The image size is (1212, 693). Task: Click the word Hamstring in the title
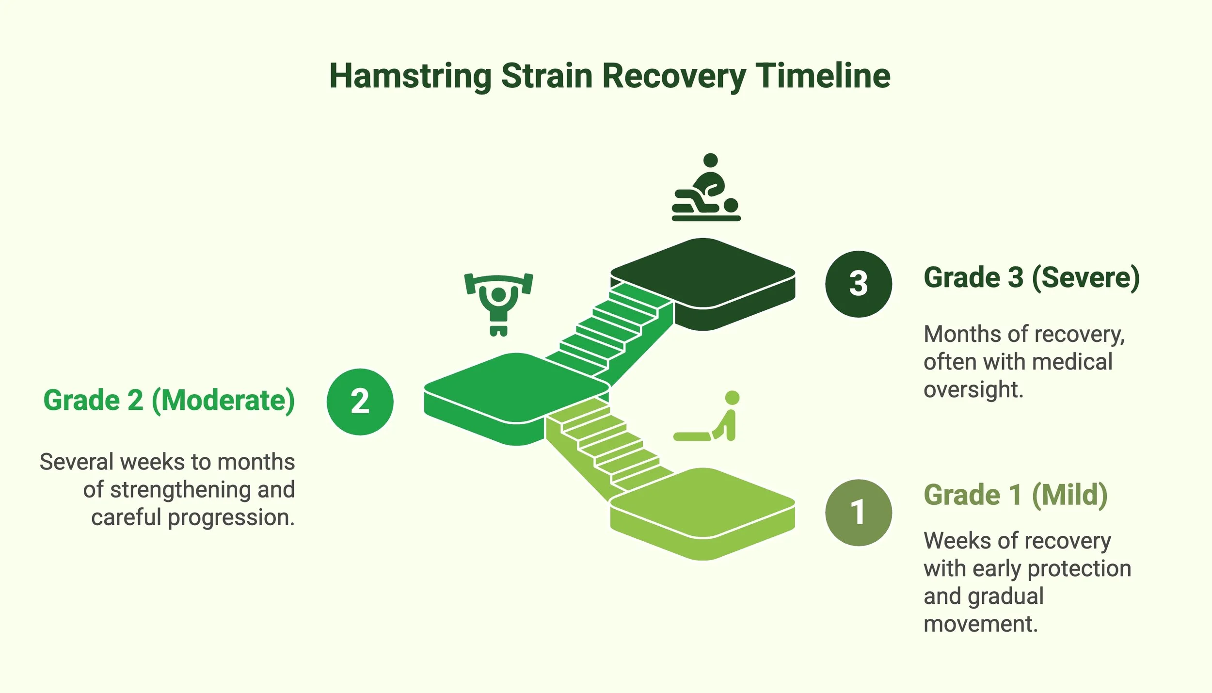(410, 77)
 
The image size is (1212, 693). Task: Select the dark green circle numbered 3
(858, 284)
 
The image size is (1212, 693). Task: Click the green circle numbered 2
(360, 402)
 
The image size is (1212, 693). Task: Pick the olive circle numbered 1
(858, 513)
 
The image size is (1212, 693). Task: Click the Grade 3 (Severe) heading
(1031, 278)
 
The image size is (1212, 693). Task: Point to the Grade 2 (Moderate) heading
(169, 401)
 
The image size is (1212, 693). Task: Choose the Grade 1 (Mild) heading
(1015, 495)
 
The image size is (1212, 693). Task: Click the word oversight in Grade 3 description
(973, 390)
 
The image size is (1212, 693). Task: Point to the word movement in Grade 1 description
(980, 624)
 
